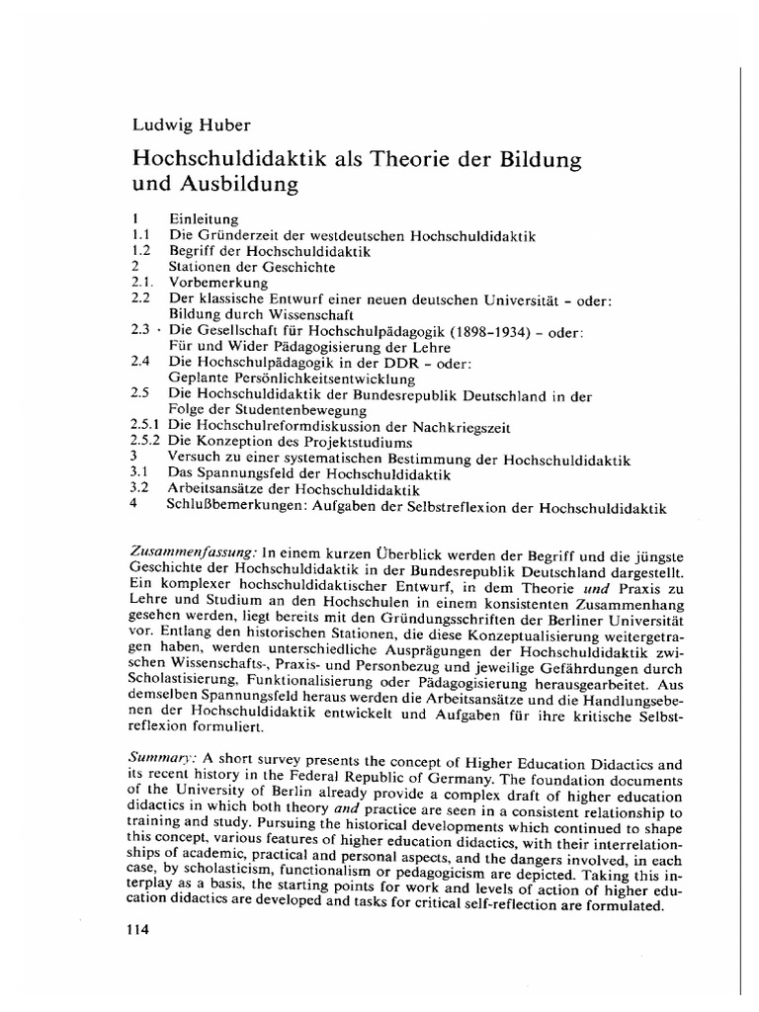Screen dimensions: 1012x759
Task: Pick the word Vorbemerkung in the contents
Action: tap(218, 282)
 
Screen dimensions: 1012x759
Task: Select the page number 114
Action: tap(144, 930)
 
